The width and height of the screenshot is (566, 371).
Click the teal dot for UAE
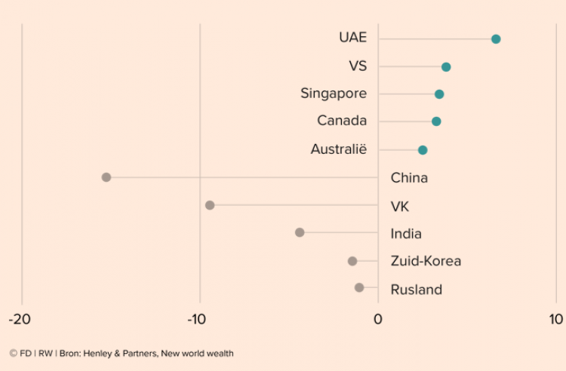tap(496, 39)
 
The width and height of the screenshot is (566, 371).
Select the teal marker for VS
tap(446, 67)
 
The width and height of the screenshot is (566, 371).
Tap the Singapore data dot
tap(439, 94)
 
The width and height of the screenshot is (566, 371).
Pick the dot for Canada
tap(436, 121)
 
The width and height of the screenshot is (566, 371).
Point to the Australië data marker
tap(423, 150)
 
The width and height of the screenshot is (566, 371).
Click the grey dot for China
tap(106, 177)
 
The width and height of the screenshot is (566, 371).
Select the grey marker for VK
tap(210, 205)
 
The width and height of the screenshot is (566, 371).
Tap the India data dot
tap(300, 232)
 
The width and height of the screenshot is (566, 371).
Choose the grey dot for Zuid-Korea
tap(352, 261)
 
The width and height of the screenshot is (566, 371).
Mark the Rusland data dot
tap(359, 287)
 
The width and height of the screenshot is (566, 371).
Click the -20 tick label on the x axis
tap(20, 319)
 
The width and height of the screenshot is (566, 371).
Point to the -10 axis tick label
tap(199, 319)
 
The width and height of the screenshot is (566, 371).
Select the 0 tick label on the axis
tap(378, 319)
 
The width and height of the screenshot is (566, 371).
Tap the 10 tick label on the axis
tap(556, 319)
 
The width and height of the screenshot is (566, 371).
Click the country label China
tap(409, 178)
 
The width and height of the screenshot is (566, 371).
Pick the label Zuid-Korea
tap(426, 261)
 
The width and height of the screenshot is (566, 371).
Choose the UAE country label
tap(352, 38)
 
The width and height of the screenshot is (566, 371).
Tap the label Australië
tap(338, 149)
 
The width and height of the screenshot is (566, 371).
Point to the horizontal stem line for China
tap(241, 178)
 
